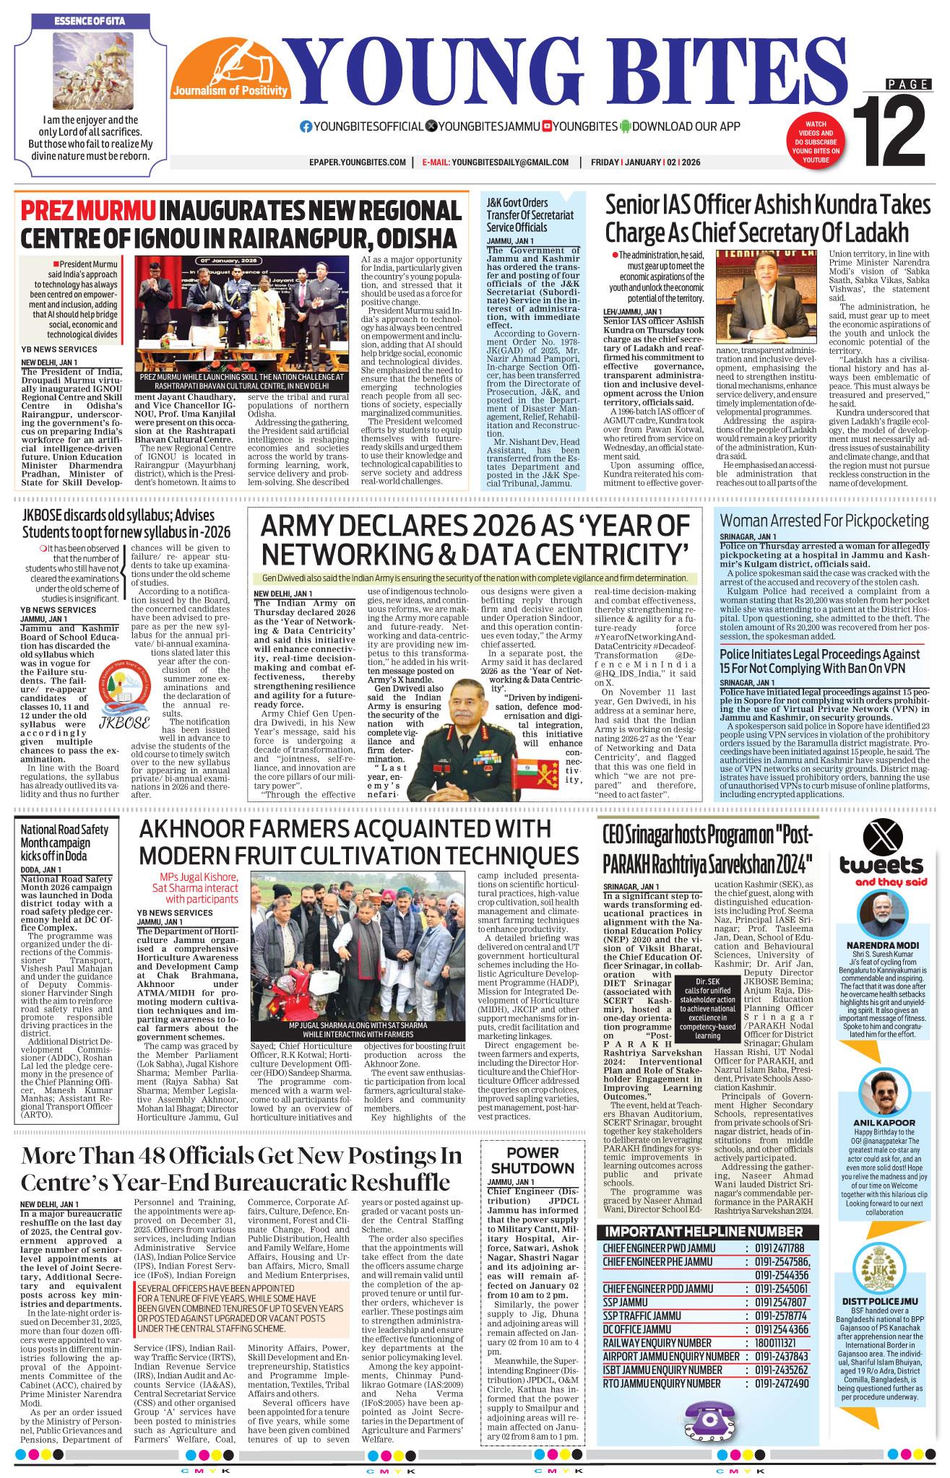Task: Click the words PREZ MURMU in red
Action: pyautogui.click(x=88, y=211)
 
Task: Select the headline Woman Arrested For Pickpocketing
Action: pyautogui.click(x=824, y=521)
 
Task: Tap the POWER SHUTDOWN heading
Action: pyautogui.click(x=532, y=1161)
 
